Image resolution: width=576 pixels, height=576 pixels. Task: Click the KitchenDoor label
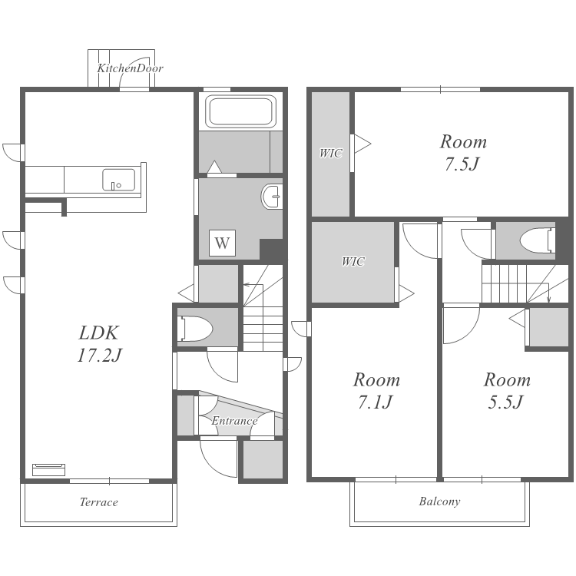coord(130,68)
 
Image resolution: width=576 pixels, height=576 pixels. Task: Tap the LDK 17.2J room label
coord(99,344)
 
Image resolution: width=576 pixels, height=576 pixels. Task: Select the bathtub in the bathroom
coord(240,111)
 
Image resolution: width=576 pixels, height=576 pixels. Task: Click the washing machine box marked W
coord(222,243)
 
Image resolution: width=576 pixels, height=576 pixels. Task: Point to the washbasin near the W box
coord(272,197)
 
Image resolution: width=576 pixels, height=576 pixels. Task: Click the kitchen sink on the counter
coord(118,180)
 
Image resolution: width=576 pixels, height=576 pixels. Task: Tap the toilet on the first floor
coord(195,328)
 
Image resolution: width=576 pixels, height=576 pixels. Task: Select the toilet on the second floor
coord(537,240)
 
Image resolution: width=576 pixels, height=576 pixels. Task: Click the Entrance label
coord(234,421)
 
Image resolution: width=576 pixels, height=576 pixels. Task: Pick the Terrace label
coord(99,502)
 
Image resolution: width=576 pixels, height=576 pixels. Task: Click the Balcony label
coord(440,502)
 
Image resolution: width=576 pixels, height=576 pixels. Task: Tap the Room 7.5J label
coord(463,153)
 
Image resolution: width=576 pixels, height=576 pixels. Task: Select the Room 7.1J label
coord(376,390)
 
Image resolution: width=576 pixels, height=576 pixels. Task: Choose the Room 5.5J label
coord(507,390)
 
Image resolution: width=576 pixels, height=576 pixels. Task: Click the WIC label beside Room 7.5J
coord(330,153)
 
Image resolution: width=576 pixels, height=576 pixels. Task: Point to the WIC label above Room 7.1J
coord(353,262)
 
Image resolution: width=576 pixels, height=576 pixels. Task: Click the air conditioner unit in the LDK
coord(49,470)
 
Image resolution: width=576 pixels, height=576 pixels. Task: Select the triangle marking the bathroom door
coord(214,167)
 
